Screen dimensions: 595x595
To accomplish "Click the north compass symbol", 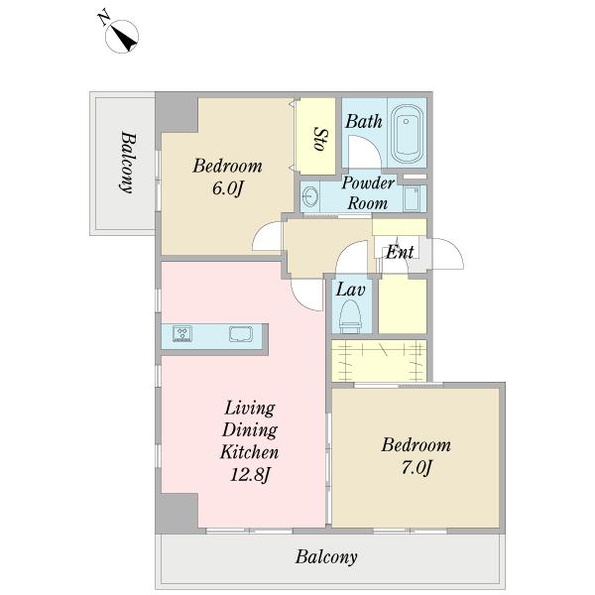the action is (121, 37).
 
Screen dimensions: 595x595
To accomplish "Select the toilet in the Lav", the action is (350, 316).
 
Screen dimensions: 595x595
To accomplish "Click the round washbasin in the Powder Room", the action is (311, 197).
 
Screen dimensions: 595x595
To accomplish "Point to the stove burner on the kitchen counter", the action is (182, 333).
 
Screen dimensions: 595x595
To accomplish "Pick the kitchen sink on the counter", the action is (241, 335).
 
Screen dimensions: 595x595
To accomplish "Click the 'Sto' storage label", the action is (321, 139).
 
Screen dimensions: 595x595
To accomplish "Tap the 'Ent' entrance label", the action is (400, 252).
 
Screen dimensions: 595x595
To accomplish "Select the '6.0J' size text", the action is (227, 188).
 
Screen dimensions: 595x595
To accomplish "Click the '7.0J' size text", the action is (416, 467).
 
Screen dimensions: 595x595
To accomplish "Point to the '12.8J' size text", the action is (250, 474).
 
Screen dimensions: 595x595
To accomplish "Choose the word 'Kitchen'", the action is (250, 452).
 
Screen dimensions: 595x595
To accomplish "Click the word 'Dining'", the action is (250, 430).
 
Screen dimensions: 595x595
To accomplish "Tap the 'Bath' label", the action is (364, 121).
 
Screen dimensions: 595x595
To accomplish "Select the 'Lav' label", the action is (351, 290).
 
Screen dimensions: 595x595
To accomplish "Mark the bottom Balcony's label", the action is (326, 557).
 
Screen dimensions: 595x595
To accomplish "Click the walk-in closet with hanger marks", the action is (379, 361).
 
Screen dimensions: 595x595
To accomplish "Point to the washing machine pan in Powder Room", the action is (412, 198).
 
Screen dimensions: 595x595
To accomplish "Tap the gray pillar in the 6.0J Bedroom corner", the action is (177, 112).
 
